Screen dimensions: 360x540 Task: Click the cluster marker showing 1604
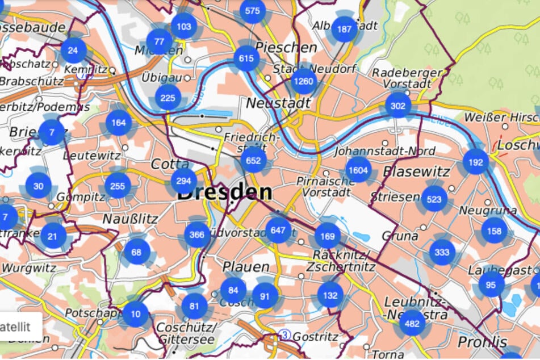358,170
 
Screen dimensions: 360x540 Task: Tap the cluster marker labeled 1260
303,81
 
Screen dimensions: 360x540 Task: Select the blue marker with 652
253,161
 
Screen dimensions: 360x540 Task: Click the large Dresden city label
224,192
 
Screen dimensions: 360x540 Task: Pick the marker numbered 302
398,106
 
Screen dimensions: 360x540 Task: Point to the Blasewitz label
416,171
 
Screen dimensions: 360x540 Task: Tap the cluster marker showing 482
412,323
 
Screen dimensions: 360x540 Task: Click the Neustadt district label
278,103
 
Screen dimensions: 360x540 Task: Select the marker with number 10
135,314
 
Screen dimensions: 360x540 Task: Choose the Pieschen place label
286,47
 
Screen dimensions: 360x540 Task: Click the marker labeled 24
73,51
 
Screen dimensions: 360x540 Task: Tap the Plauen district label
245,266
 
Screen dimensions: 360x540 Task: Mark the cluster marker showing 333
442,253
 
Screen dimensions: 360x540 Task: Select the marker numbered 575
253,11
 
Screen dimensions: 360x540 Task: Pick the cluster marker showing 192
475,161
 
